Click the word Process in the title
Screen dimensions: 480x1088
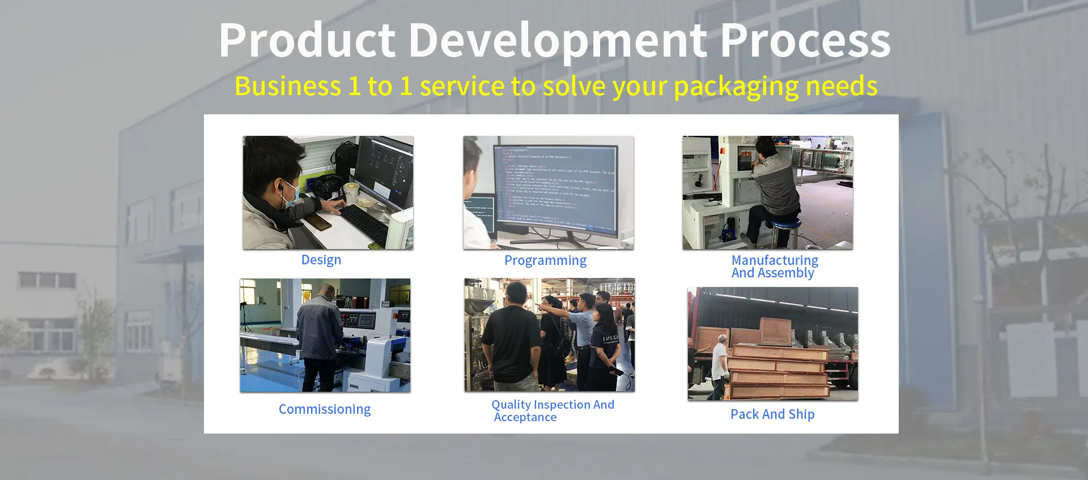coord(805,41)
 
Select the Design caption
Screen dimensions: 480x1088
coord(321,260)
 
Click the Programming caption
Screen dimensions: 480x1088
coord(545,260)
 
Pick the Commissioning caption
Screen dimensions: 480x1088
coord(324,409)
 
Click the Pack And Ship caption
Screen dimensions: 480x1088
coord(772,414)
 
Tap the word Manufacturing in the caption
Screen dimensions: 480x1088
coord(774,260)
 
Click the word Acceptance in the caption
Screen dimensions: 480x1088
coord(525,418)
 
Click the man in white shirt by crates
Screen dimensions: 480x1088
coord(719,362)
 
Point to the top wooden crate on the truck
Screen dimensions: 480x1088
coord(775,331)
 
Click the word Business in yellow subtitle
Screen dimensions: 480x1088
coord(287,87)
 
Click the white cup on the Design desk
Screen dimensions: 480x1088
coord(352,192)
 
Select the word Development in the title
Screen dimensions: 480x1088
coord(558,41)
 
